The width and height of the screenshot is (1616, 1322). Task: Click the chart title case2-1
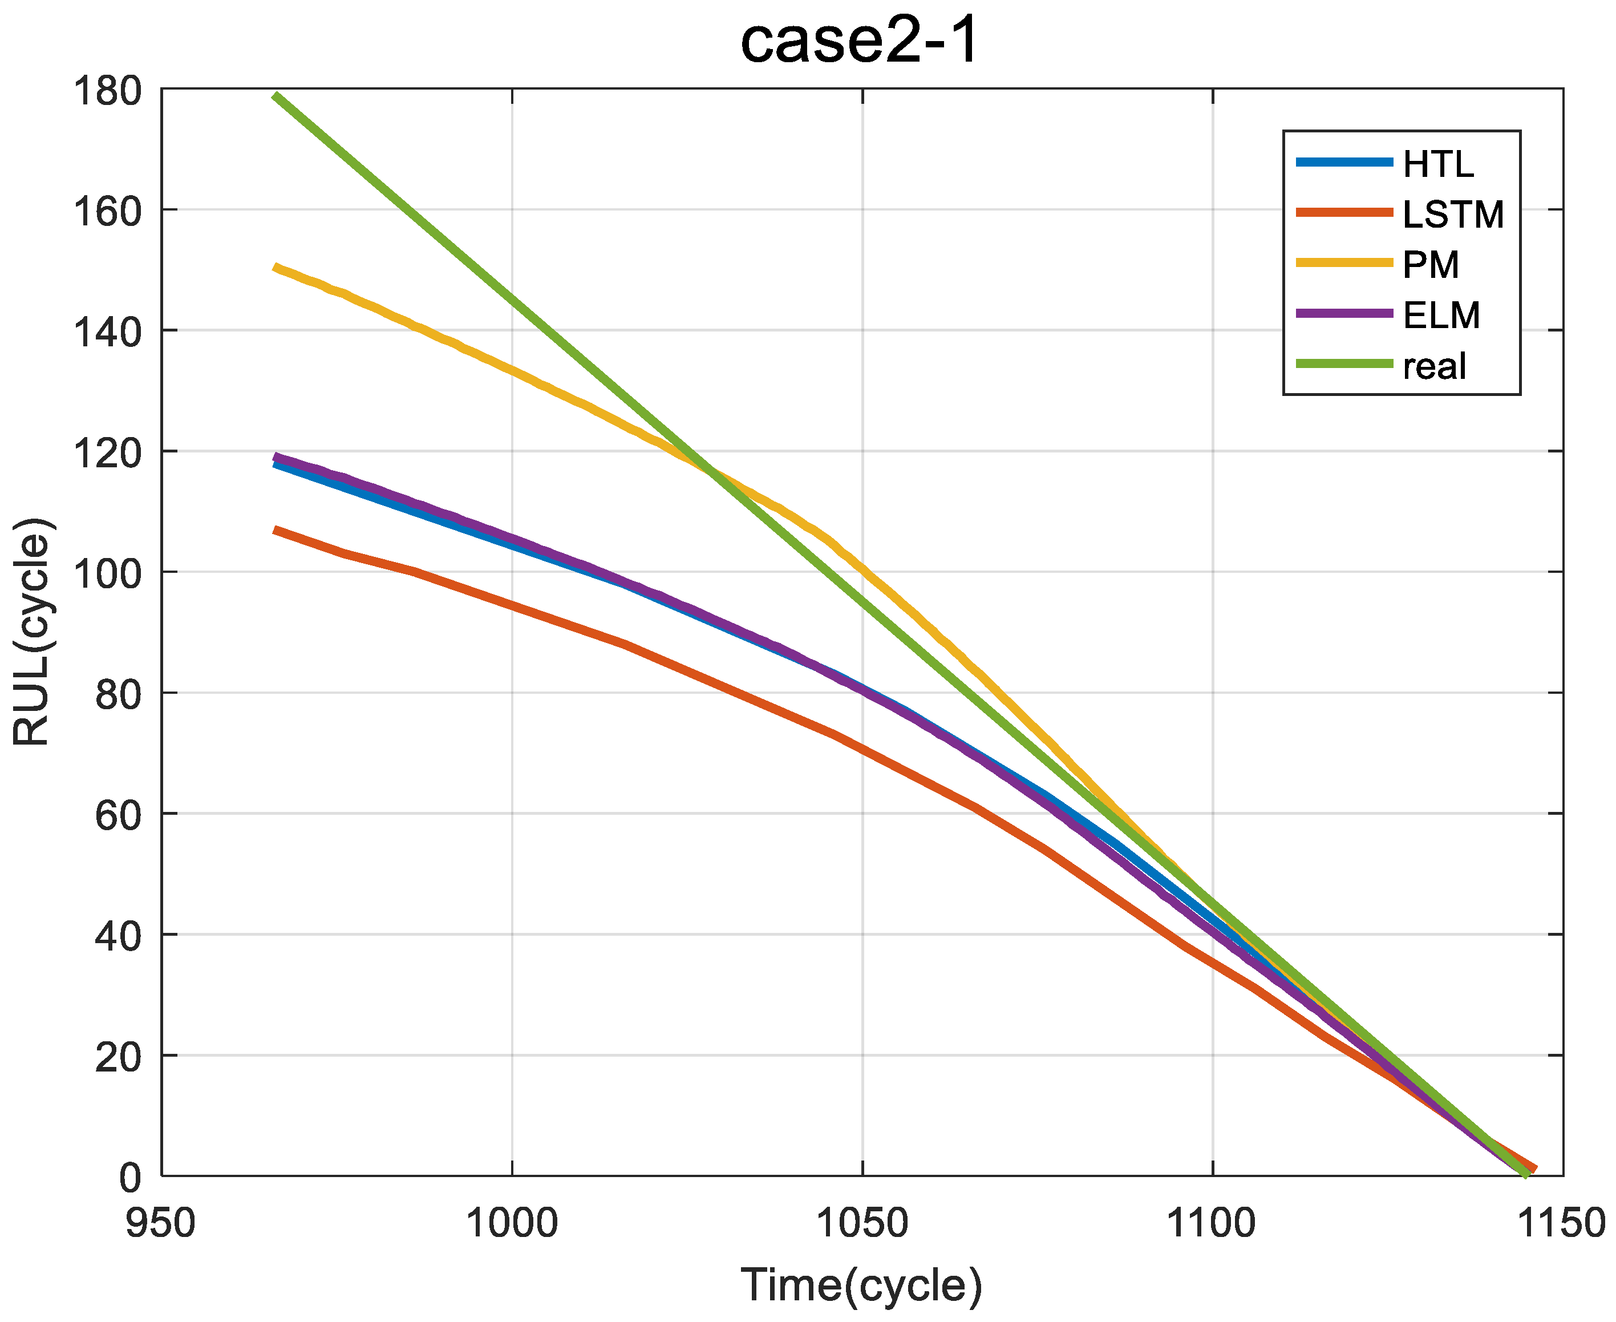(x=860, y=42)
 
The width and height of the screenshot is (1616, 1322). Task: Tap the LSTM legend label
(x=1452, y=215)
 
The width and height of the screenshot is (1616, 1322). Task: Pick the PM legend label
(x=1431, y=265)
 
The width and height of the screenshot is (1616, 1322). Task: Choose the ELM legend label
(x=1441, y=316)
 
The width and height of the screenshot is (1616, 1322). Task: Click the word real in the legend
(x=1434, y=366)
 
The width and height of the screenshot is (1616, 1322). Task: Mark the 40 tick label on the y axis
(x=118, y=936)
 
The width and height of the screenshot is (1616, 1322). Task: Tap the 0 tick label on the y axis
(x=130, y=1177)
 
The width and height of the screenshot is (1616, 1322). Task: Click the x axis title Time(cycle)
(x=861, y=1286)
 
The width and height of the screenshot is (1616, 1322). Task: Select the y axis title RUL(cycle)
(x=32, y=632)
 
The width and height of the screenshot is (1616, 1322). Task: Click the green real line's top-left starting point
(x=276, y=95)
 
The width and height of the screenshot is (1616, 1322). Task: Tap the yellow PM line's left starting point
(x=276, y=267)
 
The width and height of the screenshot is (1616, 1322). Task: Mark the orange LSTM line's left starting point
(x=276, y=529)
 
